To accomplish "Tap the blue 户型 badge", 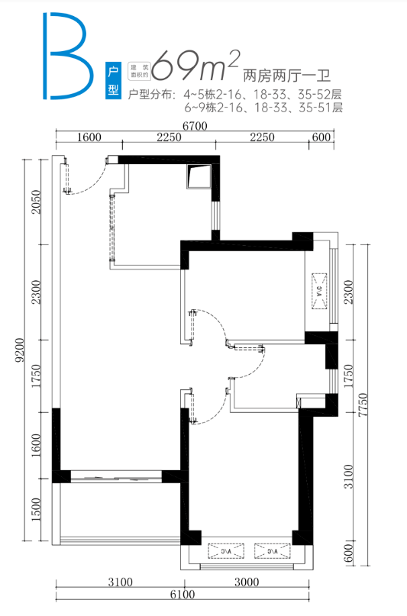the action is [113, 81].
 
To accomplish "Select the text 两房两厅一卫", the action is [287, 76].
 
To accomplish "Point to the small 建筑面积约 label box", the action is [140, 71].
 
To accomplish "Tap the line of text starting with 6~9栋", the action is [263, 108].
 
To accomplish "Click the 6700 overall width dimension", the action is [195, 126].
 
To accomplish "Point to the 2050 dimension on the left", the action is [36, 202].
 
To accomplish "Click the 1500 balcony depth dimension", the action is [36, 510].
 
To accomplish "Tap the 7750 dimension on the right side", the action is [363, 405].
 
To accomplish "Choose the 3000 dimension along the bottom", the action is [247, 582].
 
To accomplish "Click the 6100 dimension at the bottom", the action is [183, 595].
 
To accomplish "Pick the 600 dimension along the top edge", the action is [321, 137].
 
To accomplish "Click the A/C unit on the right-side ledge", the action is [319, 291].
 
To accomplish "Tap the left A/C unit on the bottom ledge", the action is [226, 551].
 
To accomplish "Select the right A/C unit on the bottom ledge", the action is [273, 551].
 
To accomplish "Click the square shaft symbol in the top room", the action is [199, 176].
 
